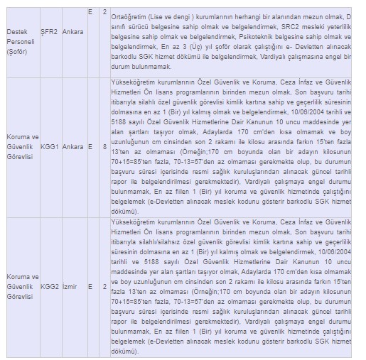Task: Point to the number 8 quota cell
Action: coord(104,147)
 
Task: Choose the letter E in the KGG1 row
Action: coord(90,147)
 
